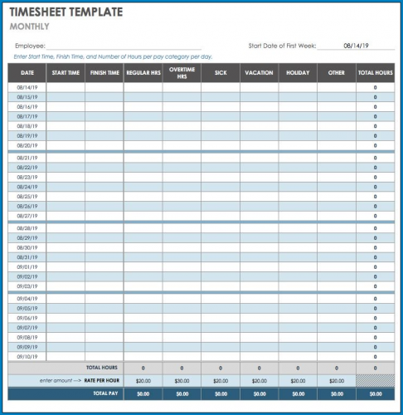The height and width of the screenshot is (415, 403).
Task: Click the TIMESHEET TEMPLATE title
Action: [66, 12]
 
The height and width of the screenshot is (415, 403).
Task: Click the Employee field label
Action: [30, 46]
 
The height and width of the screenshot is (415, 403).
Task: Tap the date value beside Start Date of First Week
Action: [356, 46]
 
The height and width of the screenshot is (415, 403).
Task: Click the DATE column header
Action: [27, 72]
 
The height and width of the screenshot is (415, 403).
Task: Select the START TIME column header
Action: [66, 72]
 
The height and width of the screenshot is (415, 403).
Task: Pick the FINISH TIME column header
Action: [104, 72]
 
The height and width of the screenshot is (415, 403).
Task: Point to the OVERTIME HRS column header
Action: [182, 72]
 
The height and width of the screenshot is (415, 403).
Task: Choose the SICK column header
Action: [221, 72]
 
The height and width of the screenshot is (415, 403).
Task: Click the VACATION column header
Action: [259, 72]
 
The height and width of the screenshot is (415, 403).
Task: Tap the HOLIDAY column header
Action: [298, 72]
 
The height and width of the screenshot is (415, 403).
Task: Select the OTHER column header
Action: [336, 72]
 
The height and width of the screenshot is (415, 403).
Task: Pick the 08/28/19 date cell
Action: [27, 228]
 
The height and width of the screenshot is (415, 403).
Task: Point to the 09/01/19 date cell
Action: [27, 267]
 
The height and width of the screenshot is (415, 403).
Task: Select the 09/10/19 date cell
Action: [27, 357]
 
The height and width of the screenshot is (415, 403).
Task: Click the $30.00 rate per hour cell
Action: [182, 380]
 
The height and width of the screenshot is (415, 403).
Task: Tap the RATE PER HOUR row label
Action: [103, 380]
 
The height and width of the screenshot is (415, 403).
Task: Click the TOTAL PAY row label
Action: [103, 393]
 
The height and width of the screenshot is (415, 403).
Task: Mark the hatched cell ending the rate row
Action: [375, 380]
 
